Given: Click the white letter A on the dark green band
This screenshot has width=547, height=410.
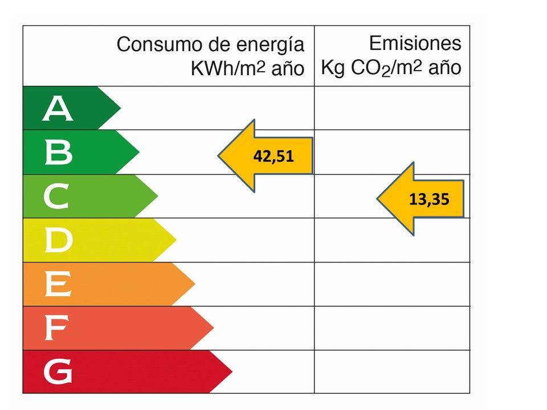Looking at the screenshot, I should tap(58, 109).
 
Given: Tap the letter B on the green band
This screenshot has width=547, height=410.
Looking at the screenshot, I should tap(58, 153).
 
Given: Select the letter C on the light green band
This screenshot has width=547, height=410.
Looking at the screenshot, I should tap(56, 197).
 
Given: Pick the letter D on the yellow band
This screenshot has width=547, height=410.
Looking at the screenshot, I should tap(58, 241).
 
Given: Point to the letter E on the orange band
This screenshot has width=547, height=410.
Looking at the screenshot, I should tap(58, 284).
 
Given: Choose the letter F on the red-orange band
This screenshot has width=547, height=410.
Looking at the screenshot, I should tap(56, 329).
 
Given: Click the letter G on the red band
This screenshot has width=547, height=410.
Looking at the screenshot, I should tap(58, 372).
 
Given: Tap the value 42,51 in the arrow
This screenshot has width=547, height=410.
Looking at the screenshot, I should tap(273, 157).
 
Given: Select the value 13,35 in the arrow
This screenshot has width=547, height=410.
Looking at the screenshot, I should tap(430, 199).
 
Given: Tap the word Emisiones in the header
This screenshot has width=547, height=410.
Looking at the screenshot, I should tap(415, 43).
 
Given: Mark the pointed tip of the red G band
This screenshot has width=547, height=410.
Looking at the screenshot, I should tap(232, 372).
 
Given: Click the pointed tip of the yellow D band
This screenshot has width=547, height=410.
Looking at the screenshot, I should tap(176, 240).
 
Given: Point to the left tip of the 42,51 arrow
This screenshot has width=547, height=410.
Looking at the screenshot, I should tap(219, 155).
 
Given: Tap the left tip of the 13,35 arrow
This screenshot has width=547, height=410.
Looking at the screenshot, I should tap(377, 199).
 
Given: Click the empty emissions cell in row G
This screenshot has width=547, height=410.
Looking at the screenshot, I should tap(392, 372).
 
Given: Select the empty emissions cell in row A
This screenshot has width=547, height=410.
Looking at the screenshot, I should tap(392, 108).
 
